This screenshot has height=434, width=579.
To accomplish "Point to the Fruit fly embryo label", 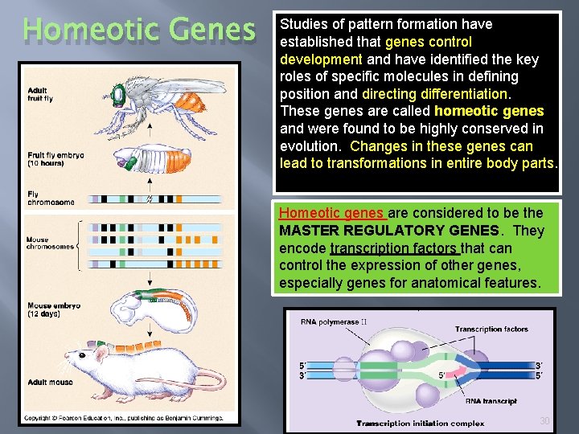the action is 55,158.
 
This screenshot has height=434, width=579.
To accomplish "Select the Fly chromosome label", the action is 50,198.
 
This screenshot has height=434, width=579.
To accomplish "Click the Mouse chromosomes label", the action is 50,243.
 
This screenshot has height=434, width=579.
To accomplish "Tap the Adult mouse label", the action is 49,383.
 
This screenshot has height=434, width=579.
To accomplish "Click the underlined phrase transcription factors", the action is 394,248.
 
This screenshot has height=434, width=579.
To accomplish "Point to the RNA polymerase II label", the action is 333,322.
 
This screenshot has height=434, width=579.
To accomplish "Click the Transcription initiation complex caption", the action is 421,423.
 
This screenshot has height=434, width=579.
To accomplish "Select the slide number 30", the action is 544,420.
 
